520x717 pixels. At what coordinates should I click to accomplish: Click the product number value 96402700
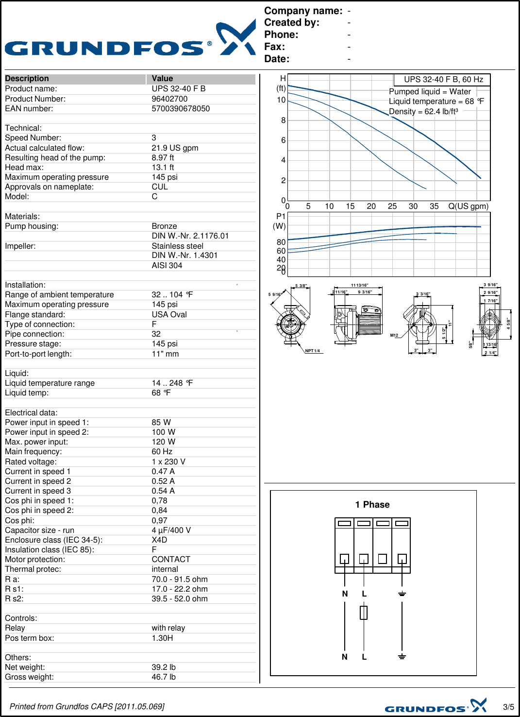pos(169,99)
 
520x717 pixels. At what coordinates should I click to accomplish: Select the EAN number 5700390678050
pos(181,109)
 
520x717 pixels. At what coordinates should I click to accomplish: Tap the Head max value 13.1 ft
pos(163,168)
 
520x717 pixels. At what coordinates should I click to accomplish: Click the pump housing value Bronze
pos(164,226)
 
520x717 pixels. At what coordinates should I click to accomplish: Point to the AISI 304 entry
pos(167,266)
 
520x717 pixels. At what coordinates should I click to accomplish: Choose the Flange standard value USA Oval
pos(169,315)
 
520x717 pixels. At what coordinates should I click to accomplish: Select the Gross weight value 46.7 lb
pos(164,677)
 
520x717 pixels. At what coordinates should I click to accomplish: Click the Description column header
pos(27,79)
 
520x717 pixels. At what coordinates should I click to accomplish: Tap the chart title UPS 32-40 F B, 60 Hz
pos(443,80)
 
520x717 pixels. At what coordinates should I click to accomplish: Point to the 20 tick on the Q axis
pos(371,206)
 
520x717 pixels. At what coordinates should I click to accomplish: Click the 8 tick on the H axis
pos(283,120)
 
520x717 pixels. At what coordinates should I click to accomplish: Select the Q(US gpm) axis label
pos(468,206)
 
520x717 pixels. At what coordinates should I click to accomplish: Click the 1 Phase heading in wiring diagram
pos(372,505)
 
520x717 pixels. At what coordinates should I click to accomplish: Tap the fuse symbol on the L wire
pos(364,613)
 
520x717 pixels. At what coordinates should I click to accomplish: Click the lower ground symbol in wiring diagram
pos(402,657)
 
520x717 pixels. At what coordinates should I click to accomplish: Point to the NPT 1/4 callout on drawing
pos(312,351)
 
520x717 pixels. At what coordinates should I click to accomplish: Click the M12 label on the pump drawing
pos(394,335)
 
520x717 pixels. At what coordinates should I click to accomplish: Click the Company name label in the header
pos(303,11)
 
